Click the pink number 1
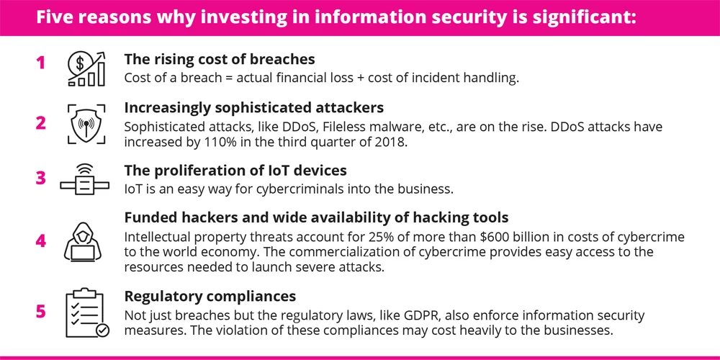pyautogui.click(x=41, y=63)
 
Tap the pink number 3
pyautogui.click(x=41, y=178)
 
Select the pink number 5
pyautogui.click(x=41, y=312)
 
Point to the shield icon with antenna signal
pyautogui.click(x=86, y=125)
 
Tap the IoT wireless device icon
pyautogui.click(x=84, y=181)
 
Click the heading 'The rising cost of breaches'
pyautogui.click(x=220, y=60)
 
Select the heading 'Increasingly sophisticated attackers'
pyautogui.click(x=254, y=108)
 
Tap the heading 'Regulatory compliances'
pyautogui.click(x=210, y=296)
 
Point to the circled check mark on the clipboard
pyautogui.click(x=102, y=330)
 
